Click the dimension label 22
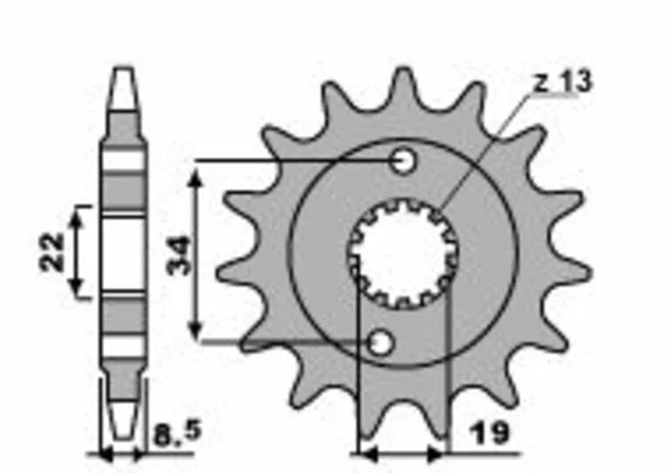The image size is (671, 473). coord(52,252)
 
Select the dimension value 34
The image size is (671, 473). coord(177,256)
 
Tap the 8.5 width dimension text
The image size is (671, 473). coord(176,434)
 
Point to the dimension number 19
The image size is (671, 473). coord(490,434)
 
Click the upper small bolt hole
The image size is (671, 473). coord(403,161)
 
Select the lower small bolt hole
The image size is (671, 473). coord(381,342)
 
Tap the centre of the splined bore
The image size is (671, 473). coord(403,255)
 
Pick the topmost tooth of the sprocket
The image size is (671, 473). coord(403,86)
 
